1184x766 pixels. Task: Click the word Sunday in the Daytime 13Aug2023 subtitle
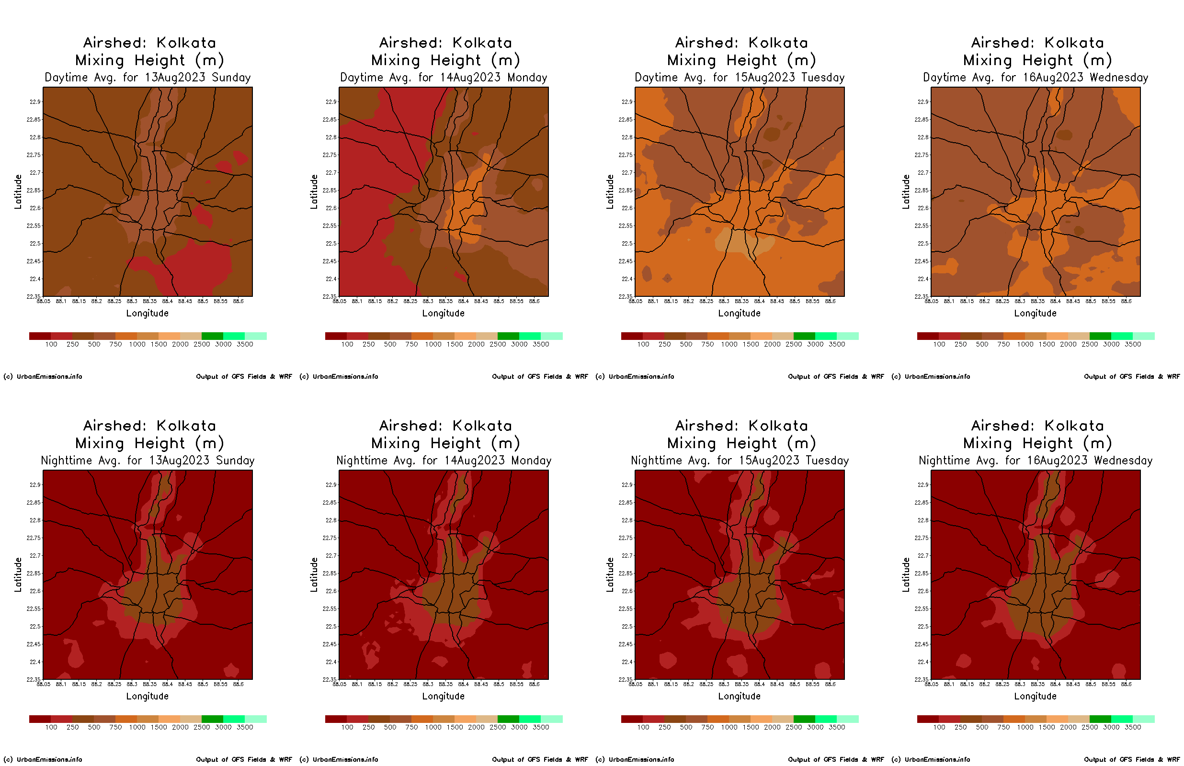[x=231, y=78]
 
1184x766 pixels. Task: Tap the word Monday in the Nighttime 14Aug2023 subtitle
[x=531, y=461]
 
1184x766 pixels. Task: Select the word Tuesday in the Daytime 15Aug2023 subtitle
[x=825, y=78]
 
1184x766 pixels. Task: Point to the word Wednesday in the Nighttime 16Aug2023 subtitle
[x=1123, y=461]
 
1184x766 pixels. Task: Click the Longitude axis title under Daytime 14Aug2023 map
[x=443, y=314]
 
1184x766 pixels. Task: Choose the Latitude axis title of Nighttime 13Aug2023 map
[x=18, y=574]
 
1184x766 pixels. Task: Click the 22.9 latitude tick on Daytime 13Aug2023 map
[x=35, y=102]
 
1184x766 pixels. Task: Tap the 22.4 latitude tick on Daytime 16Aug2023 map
[x=923, y=279]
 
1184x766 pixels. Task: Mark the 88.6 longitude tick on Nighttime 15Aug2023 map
[x=831, y=685]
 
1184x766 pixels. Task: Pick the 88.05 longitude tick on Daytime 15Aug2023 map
[x=635, y=302]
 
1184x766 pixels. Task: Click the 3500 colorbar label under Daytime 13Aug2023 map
[x=245, y=344]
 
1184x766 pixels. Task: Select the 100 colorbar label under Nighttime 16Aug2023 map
[x=939, y=727]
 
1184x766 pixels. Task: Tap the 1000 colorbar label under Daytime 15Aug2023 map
[x=729, y=344]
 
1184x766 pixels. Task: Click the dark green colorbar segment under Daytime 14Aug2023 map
[x=508, y=336]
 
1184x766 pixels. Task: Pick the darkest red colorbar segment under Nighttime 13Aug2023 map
[x=40, y=719]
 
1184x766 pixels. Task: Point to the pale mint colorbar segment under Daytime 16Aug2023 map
[x=1144, y=336]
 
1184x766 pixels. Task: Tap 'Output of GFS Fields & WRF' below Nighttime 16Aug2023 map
[x=1132, y=759]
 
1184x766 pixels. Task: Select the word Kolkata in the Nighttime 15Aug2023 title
[x=778, y=426]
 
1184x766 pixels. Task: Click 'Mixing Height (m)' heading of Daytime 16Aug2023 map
[x=1037, y=60]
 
